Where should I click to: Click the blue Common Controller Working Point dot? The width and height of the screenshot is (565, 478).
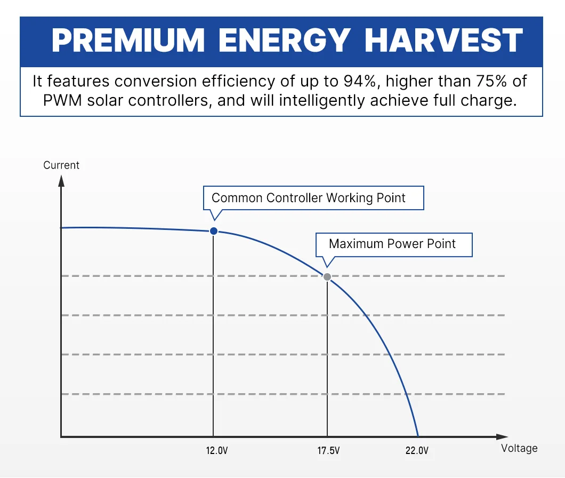(x=214, y=230)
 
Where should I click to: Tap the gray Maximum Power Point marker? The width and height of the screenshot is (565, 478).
(x=327, y=276)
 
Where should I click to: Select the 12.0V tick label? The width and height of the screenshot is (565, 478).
(x=217, y=450)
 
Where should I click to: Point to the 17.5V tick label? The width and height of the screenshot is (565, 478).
(x=328, y=450)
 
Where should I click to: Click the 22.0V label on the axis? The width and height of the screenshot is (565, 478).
(x=417, y=450)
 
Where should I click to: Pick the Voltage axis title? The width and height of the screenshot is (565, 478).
(x=519, y=448)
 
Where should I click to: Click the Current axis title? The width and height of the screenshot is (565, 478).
(x=61, y=165)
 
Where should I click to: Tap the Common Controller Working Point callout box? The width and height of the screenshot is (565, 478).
(x=313, y=198)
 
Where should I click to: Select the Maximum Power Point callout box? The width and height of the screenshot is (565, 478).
(x=393, y=244)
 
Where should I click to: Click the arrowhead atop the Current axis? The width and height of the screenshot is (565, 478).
(x=61, y=179)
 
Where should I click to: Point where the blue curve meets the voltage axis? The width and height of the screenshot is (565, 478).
(x=418, y=436)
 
